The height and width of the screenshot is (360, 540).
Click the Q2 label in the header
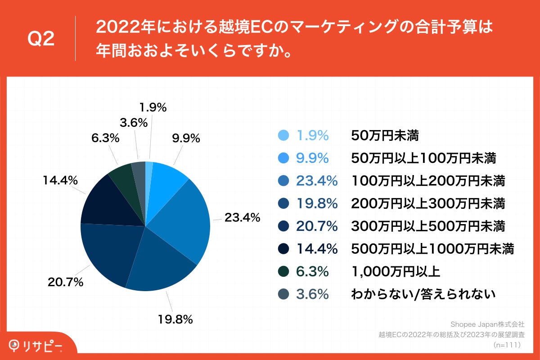click(41, 39)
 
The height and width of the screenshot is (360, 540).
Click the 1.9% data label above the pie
click(153, 108)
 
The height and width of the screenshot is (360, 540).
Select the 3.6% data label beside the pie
click(134, 122)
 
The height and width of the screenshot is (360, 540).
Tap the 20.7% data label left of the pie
click(66, 283)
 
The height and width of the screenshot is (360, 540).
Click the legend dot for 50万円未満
click(283, 135)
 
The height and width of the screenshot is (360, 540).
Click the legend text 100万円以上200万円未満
click(427, 181)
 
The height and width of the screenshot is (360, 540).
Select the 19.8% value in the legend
click(317, 203)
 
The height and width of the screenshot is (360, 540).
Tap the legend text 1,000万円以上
click(395, 271)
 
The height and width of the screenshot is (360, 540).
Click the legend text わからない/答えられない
click(423, 294)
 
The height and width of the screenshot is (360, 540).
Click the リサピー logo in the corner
click(36, 346)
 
